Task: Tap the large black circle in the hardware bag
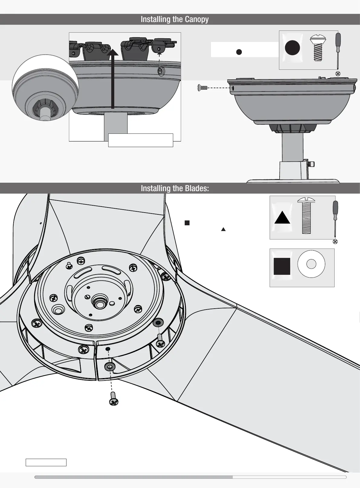click(x=292, y=48)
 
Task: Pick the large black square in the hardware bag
click(x=282, y=266)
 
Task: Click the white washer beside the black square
click(x=311, y=264)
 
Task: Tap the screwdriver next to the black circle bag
click(x=338, y=51)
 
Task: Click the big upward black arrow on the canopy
click(x=113, y=79)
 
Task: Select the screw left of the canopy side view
click(x=202, y=88)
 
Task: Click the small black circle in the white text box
click(x=239, y=52)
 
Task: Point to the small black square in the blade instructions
click(x=187, y=223)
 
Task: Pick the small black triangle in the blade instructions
click(x=223, y=229)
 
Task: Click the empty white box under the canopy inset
click(x=141, y=140)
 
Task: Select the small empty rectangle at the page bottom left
click(x=46, y=462)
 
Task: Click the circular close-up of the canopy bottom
click(x=45, y=88)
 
